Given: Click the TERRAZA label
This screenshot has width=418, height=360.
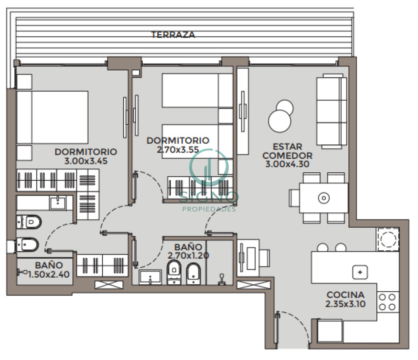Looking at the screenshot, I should point(173,35).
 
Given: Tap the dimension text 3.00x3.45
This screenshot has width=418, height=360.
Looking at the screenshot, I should point(86,161).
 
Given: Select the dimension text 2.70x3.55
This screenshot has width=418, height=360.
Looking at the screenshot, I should point(178,150).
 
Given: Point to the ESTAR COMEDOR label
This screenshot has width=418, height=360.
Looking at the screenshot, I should point(287,151).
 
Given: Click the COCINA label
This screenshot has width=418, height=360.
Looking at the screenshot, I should point(346,295).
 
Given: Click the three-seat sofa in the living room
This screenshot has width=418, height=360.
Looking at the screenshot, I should point(332,111).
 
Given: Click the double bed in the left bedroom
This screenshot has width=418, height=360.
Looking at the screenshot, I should point(52,117).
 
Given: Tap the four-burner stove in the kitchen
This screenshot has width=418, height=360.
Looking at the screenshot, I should point(387,302).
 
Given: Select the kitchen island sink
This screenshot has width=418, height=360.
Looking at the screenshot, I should point(360,272).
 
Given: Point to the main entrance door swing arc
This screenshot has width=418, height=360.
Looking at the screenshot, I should point(296,320).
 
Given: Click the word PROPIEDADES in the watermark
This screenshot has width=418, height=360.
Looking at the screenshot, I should point(209,209).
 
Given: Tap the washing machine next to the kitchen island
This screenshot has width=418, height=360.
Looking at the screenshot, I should point(387,239).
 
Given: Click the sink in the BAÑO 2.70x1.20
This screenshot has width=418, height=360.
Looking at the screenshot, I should point(150,277).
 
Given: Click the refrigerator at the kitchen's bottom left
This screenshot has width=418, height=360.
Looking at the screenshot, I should point(330,331).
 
